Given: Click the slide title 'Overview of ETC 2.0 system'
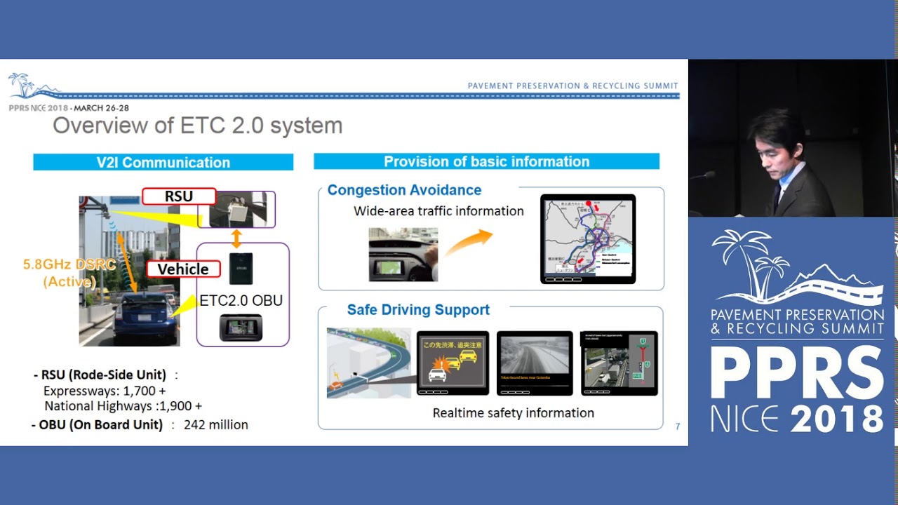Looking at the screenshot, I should tap(198, 126).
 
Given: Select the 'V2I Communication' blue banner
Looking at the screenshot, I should tap(163, 162).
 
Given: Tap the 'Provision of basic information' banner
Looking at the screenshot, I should tap(486, 161).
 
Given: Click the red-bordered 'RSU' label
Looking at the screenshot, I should tap(178, 196).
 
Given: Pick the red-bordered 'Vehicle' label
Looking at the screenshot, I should tap(182, 269).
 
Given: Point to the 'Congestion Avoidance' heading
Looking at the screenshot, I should tap(404, 190).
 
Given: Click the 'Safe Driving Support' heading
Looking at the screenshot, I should tap(418, 310).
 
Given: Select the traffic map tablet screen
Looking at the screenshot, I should tap(588, 238).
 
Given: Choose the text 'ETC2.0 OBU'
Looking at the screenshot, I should tap(241, 301).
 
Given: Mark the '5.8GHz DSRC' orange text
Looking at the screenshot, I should tap(59, 264).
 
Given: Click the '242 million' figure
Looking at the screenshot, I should tap(216, 425).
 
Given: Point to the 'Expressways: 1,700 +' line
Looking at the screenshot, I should tap(105, 391).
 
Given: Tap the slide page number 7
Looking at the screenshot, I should tap(677, 426).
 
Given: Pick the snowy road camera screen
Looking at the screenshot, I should tap(535, 362).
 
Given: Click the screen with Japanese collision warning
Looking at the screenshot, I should tap(453, 362).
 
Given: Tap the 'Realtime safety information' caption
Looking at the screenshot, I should tap(513, 413).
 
